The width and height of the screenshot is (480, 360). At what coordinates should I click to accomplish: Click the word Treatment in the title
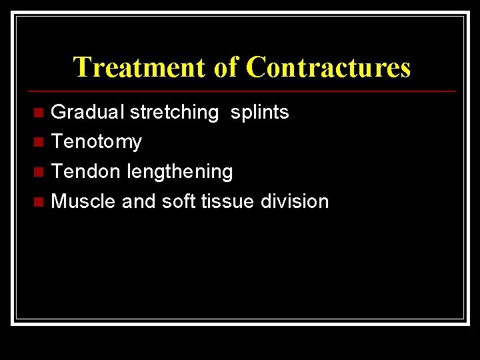140,67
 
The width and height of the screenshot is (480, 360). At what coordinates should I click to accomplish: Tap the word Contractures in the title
328,67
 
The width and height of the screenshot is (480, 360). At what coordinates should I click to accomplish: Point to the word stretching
174,112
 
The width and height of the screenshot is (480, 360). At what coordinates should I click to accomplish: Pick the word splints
259,112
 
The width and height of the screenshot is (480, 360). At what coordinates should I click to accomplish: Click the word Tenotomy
97,142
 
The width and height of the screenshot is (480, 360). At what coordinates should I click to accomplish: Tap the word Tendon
86,171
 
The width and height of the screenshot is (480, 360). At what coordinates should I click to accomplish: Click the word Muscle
83,201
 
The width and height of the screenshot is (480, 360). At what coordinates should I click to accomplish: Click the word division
295,201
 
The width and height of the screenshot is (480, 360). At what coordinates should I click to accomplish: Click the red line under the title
240,91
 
